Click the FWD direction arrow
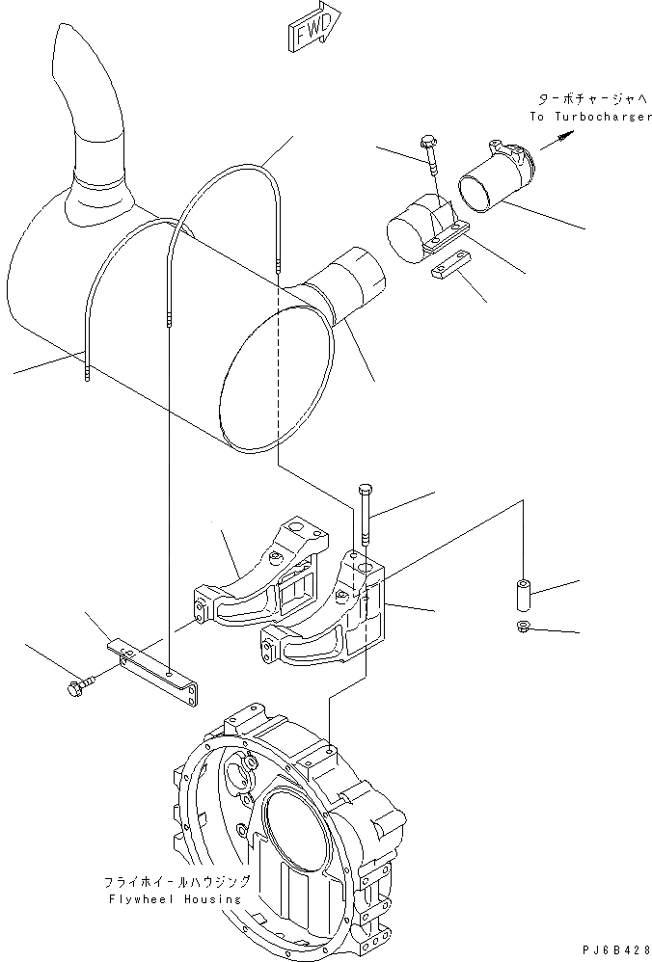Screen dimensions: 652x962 point(314,26)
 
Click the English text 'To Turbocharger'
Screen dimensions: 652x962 point(590,117)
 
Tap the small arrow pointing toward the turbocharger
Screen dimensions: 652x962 point(557,141)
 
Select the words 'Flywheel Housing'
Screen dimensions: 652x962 point(176,899)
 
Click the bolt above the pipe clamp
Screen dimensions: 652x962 point(430,156)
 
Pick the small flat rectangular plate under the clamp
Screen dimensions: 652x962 point(450,264)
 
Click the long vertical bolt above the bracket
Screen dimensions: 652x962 point(365,514)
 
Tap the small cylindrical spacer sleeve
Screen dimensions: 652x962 point(524,594)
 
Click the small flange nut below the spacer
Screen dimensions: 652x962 point(524,627)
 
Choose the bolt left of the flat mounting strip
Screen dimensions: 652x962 point(81,685)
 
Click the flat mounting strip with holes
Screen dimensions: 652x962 point(153,673)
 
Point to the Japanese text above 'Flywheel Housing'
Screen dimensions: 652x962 point(177,882)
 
